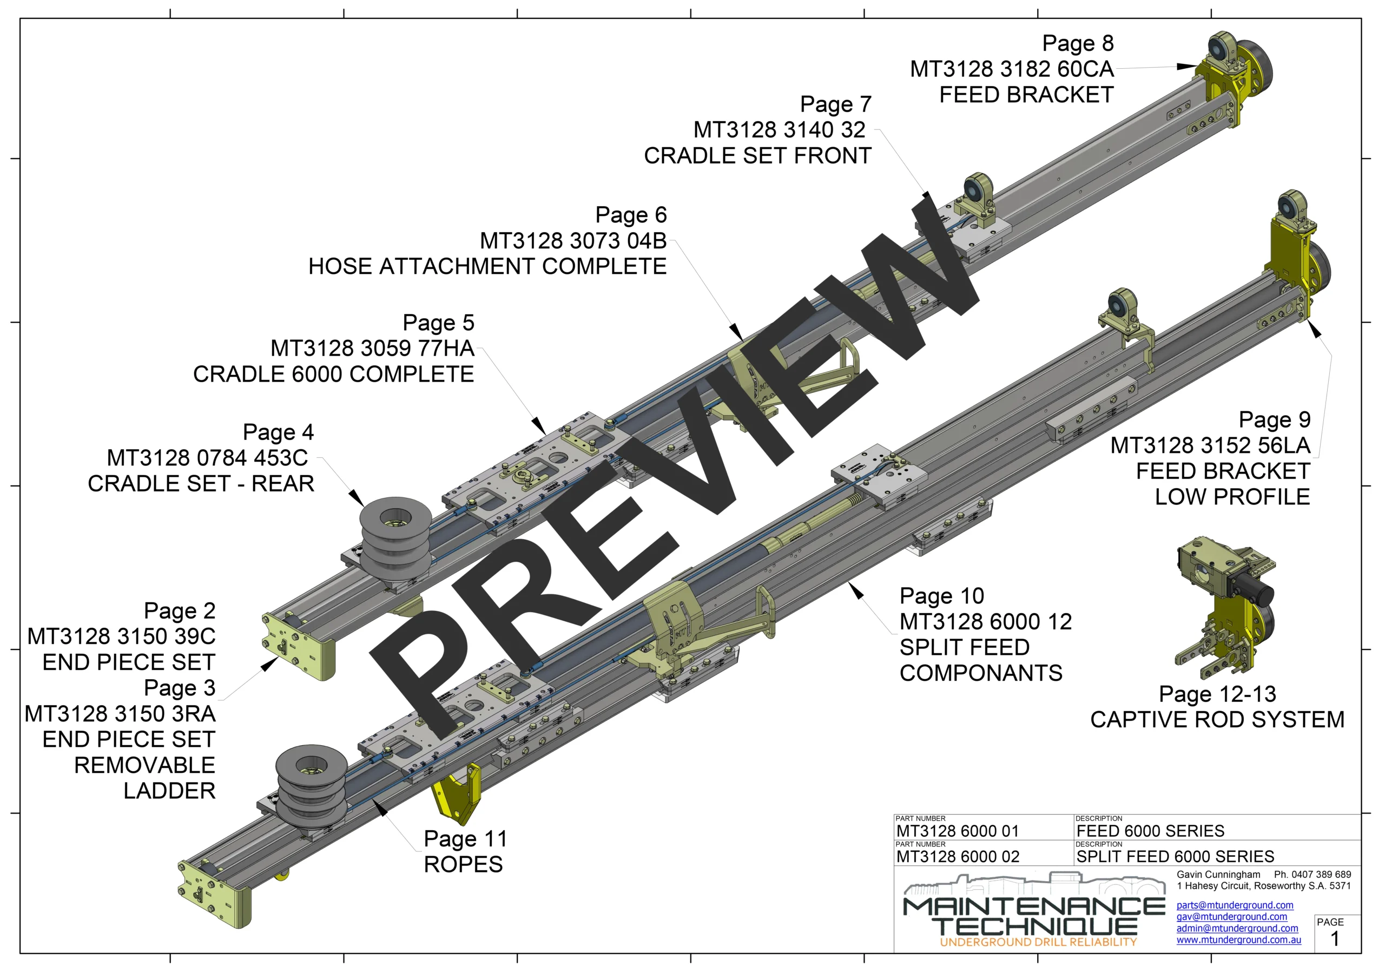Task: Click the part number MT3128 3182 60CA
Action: click(x=1012, y=69)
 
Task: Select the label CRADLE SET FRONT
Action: click(x=757, y=156)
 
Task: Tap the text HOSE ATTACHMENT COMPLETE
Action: click(x=487, y=266)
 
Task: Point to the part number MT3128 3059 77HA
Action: click(x=372, y=348)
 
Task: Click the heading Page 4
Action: click(x=278, y=432)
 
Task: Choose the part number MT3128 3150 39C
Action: click(x=121, y=636)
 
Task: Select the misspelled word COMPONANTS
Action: click(x=981, y=673)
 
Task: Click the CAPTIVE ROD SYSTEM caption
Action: click(x=1217, y=720)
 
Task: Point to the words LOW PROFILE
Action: click(x=1232, y=497)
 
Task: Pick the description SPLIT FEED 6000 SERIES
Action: click(x=1175, y=857)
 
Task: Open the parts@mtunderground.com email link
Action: click(x=1235, y=905)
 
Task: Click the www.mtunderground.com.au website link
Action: click(x=1238, y=940)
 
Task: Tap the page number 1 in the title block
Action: click(x=1335, y=939)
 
